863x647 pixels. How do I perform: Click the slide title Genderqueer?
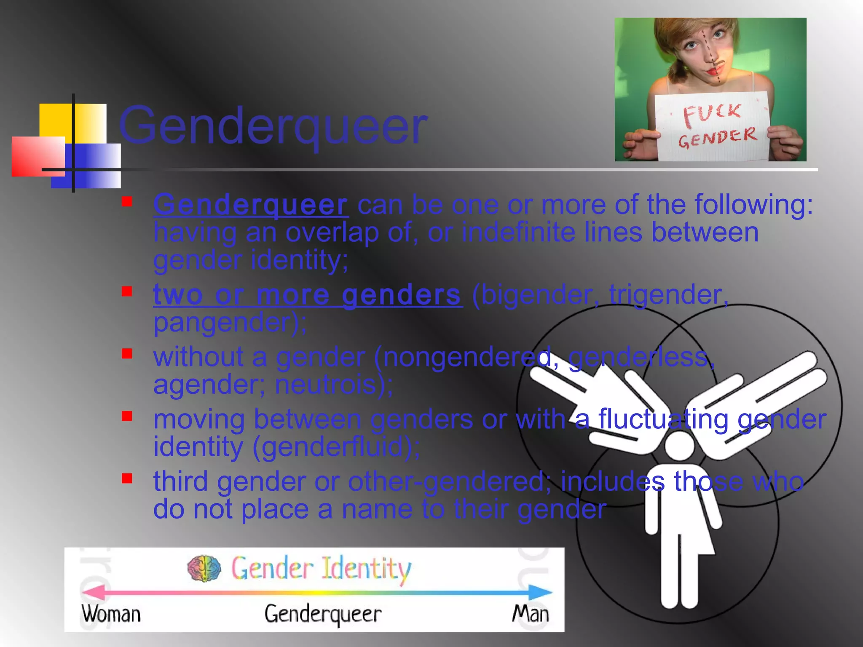point(273,126)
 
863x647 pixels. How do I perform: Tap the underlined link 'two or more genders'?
point(308,294)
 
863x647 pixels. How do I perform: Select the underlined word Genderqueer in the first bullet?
point(251,205)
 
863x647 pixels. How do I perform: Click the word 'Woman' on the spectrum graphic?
point(111,614)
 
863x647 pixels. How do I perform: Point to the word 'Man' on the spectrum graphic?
point(531,614)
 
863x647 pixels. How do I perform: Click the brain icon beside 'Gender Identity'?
point(204,568)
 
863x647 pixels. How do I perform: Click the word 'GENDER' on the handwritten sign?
point(717,138)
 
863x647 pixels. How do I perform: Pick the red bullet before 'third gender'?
point(127,478)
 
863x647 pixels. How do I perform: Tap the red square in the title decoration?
point(38,156)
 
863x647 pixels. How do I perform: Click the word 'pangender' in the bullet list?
point(225,322)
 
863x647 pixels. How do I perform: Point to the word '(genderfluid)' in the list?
point(335,446)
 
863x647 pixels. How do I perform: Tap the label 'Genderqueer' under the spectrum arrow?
point(323,614)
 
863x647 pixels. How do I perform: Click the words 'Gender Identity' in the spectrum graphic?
point(320,569)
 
